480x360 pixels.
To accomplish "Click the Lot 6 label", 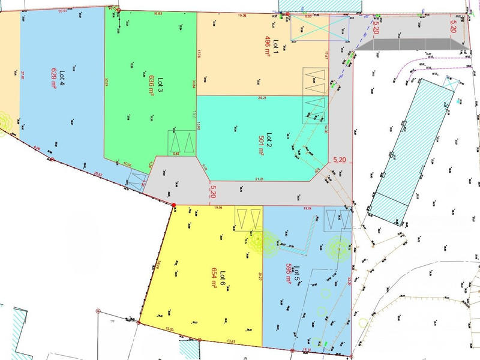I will [x=222, y=278].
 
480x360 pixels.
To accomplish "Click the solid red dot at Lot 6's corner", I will [x=174, y=206].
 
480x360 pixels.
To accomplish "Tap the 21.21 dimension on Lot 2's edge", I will [x=259, y=178].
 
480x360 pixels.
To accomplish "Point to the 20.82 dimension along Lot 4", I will [x=98, y=175].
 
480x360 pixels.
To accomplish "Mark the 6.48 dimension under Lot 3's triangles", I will [x=176, y=154].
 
